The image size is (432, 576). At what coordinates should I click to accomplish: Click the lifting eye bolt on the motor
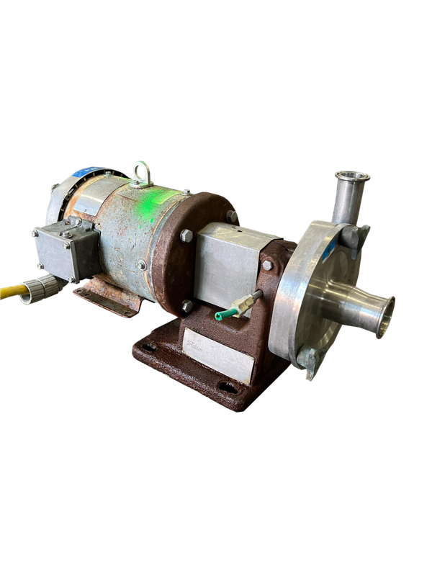pos(138,170)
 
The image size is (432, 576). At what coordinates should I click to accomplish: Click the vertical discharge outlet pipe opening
pos(352,175)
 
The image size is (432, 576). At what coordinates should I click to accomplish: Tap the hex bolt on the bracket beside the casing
pos(267,266)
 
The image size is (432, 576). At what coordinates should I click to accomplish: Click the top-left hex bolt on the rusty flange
pos(186,233)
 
